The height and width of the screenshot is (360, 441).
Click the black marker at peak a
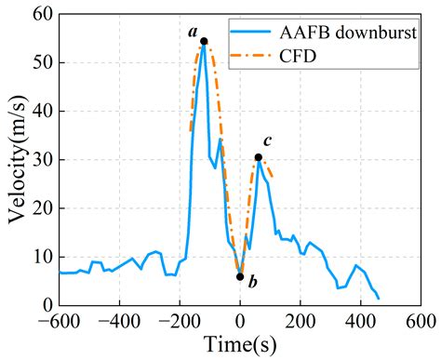(x=204, y=41)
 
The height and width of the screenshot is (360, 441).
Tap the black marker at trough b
(x=240, y=276)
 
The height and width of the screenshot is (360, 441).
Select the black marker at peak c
(x=258, y=157)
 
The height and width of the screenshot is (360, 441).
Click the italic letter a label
(x=193, y=31)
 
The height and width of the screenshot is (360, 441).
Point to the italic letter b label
(x=254, y=281)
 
